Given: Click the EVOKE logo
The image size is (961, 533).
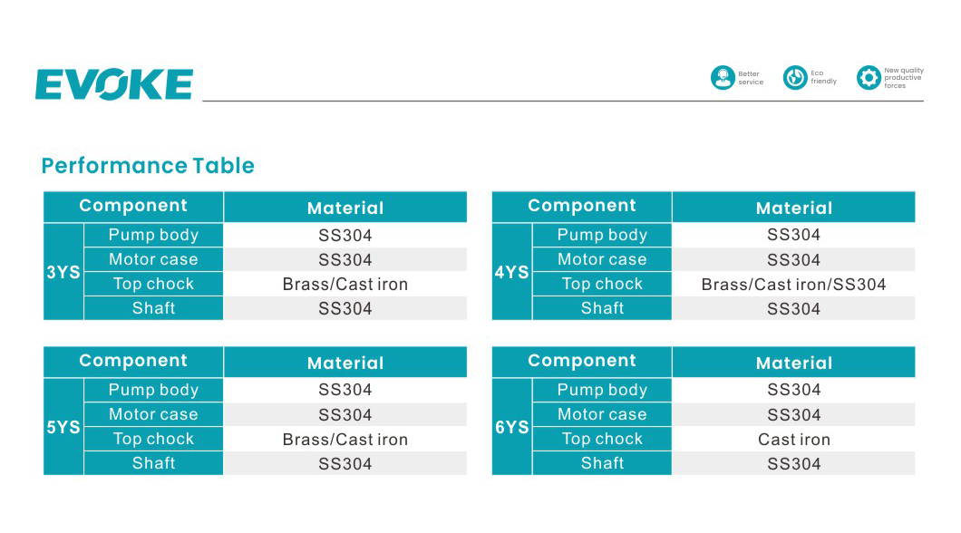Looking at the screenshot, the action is coord(114,84).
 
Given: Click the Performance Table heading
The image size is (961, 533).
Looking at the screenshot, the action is coord(148,165).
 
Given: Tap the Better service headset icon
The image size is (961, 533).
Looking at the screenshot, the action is coord(723,78).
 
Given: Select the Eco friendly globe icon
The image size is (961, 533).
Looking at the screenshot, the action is coord(795,78).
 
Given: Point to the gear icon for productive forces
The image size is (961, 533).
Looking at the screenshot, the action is coord(869,78).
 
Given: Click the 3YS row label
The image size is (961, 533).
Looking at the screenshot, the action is coord(63,272).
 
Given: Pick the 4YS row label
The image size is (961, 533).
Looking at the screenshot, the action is coord(511,272).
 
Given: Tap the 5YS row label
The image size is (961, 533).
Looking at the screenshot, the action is coord(63,427).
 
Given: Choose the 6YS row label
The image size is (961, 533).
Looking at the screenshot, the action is coord(511,427).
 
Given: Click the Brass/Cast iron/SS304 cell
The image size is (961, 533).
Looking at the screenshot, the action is coord(793,285).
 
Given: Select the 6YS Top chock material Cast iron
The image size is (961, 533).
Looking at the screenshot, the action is coord(793,440).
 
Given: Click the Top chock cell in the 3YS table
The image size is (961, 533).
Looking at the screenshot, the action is coord(154,284).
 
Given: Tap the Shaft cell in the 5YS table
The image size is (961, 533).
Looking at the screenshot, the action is coord(154,463).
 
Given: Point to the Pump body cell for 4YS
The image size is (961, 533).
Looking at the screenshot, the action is coord(602,235).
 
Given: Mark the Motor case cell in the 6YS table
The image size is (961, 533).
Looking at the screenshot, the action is coord(602,414).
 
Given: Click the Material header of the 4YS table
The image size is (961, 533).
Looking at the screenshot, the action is coord(793,208).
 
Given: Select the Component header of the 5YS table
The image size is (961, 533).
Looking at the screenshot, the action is coord(133,361).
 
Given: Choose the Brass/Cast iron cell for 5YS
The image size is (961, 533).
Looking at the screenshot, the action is coord(345,440).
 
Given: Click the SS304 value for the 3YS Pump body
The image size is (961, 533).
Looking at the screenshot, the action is coord(345,236).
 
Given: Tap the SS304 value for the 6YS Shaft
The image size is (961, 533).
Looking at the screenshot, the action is coord(793,464).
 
